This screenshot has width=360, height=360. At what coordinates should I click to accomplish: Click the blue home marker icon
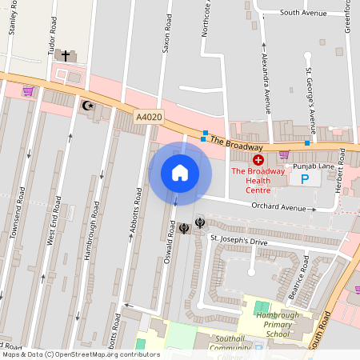[x=180, y=173]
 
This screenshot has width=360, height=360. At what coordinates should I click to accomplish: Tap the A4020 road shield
[x=148, y=117]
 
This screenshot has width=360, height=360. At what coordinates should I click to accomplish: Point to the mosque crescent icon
[x=88, y=104]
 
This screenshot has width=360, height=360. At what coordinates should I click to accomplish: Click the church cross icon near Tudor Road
[x=66, y=56]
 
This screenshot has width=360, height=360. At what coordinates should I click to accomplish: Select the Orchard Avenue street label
[x=279, y=208]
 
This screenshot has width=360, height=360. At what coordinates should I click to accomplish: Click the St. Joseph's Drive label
[x=238, y=240]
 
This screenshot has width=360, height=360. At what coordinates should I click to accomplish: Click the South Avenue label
[x=302, y=13]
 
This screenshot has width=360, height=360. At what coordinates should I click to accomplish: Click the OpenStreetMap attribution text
[x=80, y=354]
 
